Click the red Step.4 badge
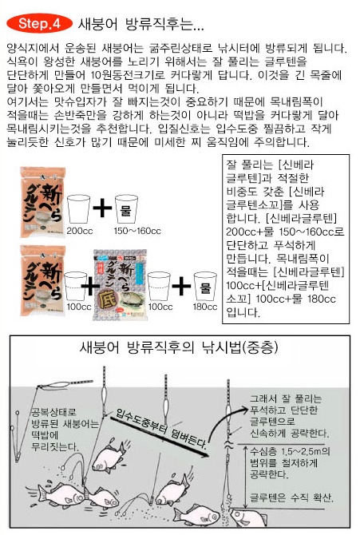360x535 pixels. [x=39, y=23]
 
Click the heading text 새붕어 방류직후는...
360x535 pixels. [x=140, y=24]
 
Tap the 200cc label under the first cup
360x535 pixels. [x=80, y=231]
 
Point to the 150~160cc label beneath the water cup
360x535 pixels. [x=137, y=231]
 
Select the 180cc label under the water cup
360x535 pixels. [x=204, y=307]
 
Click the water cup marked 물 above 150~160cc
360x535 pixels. [x=126, y=209]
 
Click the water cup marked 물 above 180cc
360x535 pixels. [x=205, y=286]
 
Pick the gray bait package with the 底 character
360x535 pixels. [x=120, y=285]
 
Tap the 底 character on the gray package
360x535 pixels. [x=108, y=300]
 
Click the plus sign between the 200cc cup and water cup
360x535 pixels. [x=102, y=208]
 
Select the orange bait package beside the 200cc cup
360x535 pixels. [x=42, y=202]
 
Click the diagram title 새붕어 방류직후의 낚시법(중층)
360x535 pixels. [x=179, y=347]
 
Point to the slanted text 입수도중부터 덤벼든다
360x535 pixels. [x=161, y=428]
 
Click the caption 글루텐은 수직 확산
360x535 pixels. [x=292, y=497]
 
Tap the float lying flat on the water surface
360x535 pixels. [x=65, y=384]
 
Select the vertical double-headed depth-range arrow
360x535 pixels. [x=245, y=477]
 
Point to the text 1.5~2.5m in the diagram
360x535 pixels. [x=301, y=451]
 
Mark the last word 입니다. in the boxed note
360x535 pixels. [x=243, y=312]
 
